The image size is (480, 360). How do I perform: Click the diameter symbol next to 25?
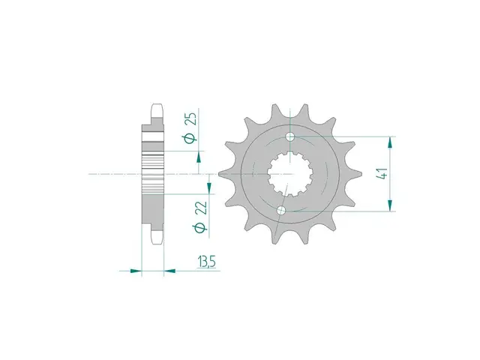tap(190, 138)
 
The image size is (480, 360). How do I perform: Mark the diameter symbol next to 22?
tap(199, 227)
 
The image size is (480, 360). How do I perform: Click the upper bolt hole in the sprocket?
tap(291, 137)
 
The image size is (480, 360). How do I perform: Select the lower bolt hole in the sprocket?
tap(281, 211)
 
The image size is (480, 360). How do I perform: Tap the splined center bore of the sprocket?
tap(286, 174)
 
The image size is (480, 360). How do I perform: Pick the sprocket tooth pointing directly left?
tap(223, 174)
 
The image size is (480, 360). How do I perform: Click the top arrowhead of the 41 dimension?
tap(389, 142)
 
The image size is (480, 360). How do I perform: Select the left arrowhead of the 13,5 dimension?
tap(136, 269)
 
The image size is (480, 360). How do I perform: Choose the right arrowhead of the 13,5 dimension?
tap(169, 269)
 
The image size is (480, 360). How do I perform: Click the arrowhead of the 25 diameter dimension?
tap(199, 156)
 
